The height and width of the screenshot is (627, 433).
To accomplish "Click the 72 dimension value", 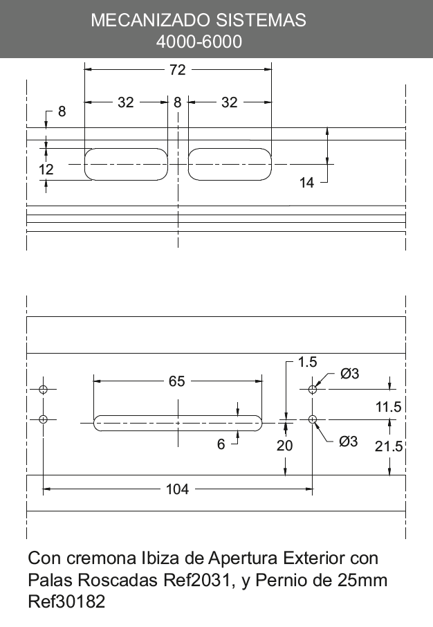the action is [x=178, y=70].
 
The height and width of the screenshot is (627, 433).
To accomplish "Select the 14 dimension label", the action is [x=306, y=183].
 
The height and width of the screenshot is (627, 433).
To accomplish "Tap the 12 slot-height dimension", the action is [x=46, y=170].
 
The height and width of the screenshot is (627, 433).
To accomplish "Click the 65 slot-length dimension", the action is [x=176, y=381].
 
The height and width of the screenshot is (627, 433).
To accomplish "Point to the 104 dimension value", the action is [x=177, y=489].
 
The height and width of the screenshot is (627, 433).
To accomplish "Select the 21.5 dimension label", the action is [x=388, y=446].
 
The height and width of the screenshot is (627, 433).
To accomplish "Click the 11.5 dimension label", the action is [x=388, y=407].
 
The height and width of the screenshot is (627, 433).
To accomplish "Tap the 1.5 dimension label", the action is [x=308, y=362].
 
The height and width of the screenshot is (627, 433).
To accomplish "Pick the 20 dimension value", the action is [x=285, y=446].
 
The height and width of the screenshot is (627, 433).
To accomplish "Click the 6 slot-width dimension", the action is [x=221, y=444].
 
